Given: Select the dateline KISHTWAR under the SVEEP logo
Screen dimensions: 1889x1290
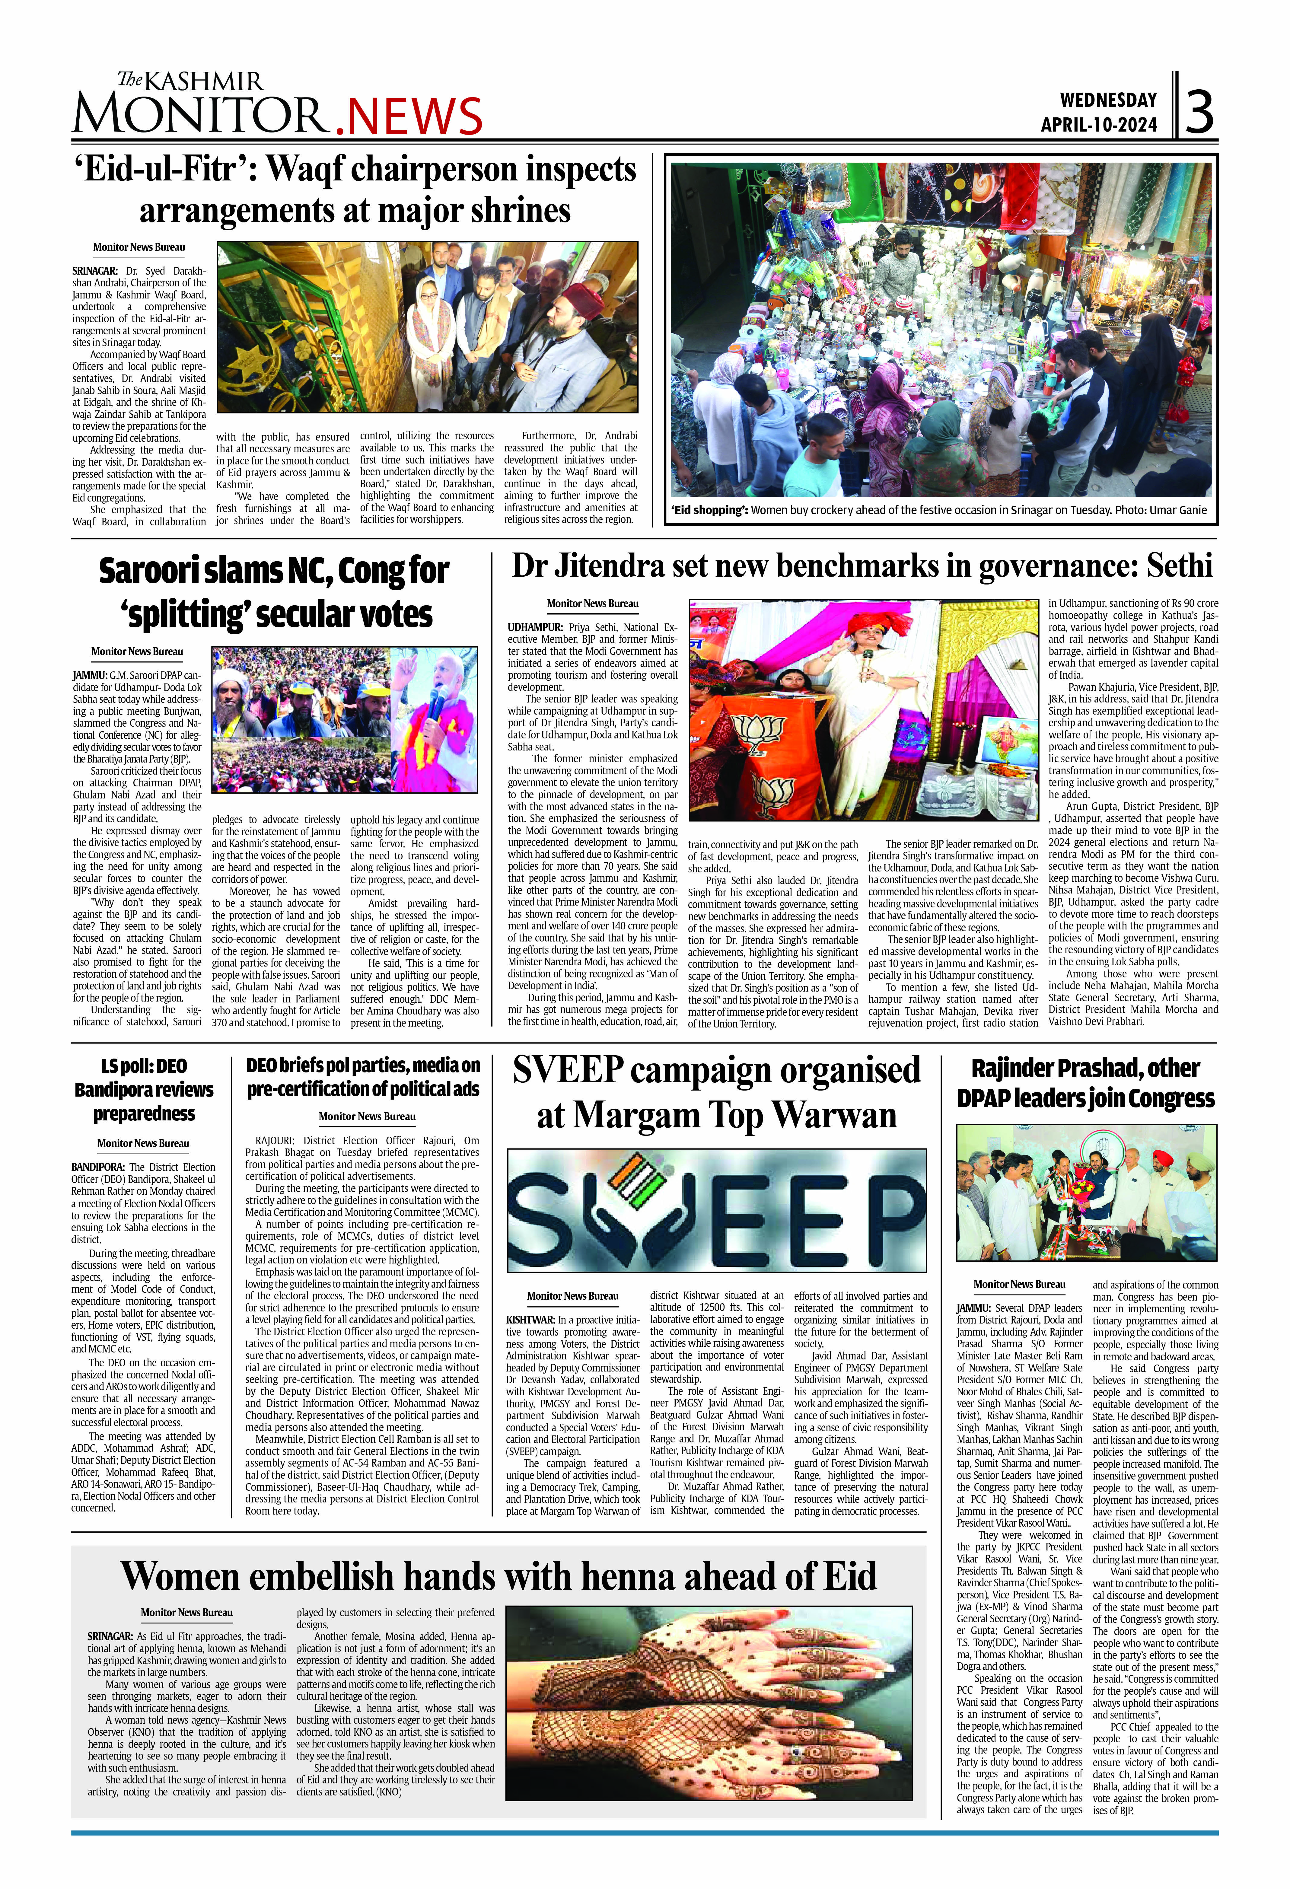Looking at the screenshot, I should point(529,1320).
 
